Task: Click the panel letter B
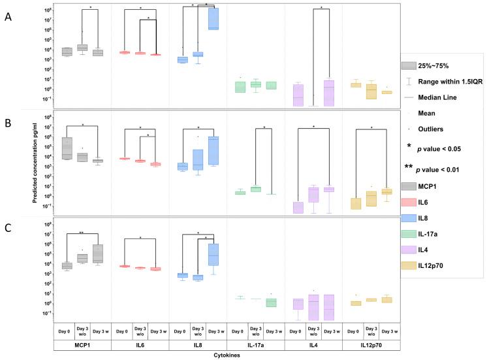point(8,122)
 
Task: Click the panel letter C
point(8,229)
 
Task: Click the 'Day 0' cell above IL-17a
point(236,330)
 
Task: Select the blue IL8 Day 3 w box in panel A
point(213,18)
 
